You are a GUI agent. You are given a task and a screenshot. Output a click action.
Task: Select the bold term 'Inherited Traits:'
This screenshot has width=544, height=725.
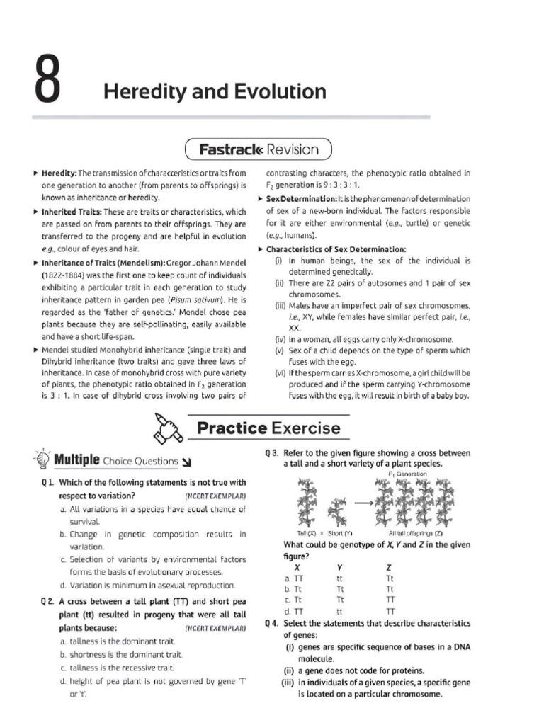71,212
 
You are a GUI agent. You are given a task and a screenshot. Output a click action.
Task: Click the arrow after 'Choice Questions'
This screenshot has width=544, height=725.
187,462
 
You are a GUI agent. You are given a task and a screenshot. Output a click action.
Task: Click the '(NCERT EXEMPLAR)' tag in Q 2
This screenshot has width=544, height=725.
215,628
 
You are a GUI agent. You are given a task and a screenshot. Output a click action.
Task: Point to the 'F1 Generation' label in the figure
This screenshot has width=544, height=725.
408,473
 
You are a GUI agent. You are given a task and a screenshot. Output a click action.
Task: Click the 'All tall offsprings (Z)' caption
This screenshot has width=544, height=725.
416,532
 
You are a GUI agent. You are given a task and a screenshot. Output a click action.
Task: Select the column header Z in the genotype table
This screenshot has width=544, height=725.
389,567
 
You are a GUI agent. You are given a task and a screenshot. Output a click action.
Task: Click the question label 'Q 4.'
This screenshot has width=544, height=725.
273,624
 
